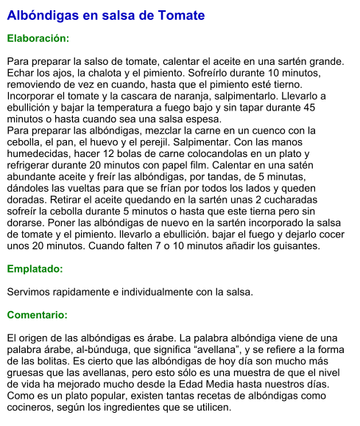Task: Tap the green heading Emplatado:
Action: pyautogui.click(x=35, y=269)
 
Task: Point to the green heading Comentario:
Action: pyautogui.click(x=38, y=315)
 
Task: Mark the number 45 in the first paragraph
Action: pyautogui.click(x=309, y=108)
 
